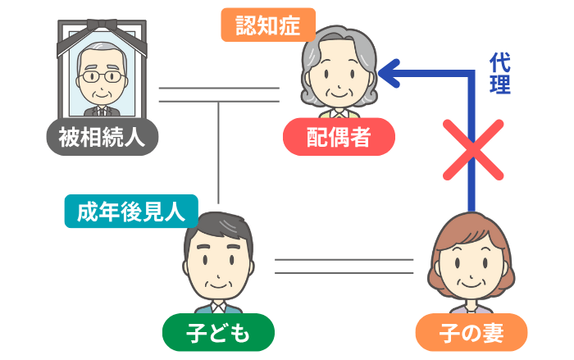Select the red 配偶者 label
pos(339,137)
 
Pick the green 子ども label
pos(217,331)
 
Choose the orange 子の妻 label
pos(470,332)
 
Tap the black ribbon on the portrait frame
pos(102,31)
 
